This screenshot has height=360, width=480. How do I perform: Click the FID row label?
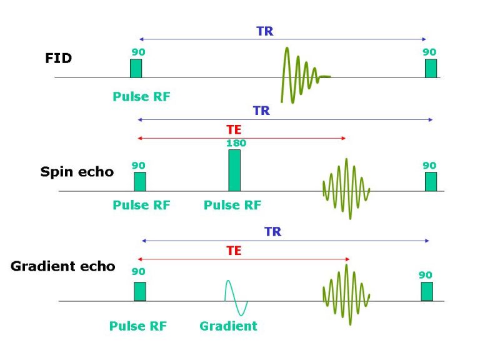[x=59, y=58]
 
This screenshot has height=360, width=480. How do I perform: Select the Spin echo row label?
[x=77, y=172]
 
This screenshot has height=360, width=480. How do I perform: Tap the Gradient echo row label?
[x=63, y=266]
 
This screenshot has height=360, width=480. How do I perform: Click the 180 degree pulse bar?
[x=234, y=170]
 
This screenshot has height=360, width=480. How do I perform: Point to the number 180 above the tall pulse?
[x=236, y=143]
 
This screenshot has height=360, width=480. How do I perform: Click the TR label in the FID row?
[x=265, y=31]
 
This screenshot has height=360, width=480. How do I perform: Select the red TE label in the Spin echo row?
[x=234, y=130]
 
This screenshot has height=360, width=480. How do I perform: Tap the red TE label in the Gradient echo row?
[x=234, y=251]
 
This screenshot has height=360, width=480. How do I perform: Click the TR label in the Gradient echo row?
[x=272, y=232]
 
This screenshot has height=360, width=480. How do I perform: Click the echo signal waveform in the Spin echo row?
[x=346, y=189]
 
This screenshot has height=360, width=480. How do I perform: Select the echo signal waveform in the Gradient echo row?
[x=346, y=295]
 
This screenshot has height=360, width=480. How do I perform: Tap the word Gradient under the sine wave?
[x=228, y=326]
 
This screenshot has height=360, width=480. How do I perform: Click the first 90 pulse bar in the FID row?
[x=136, y=68]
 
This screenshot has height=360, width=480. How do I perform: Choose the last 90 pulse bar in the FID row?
[x=431, y=68]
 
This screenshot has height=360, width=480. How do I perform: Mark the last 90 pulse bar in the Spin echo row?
[x=431, y=181]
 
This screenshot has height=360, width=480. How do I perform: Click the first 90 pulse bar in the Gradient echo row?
[x=140, y=291]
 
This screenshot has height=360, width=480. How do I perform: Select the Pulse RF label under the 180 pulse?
[x=232, y=205]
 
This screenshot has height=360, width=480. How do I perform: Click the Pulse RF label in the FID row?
[x=141, y=97]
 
